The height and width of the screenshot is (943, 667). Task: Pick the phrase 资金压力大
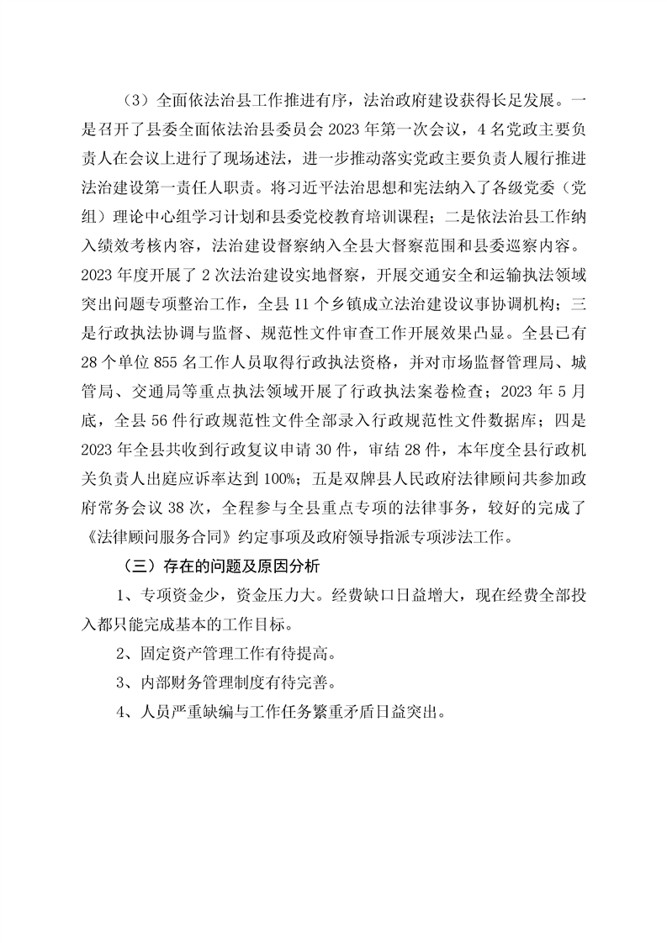tap(270, 596)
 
